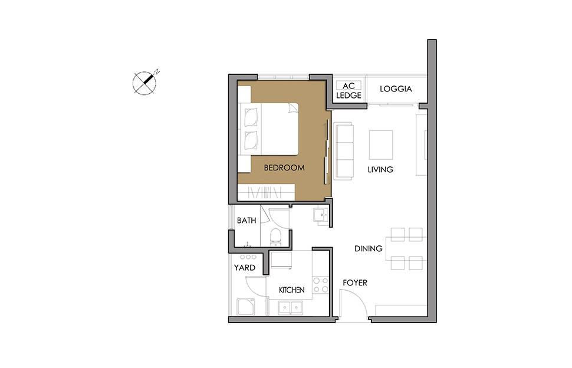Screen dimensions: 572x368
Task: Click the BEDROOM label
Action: coord(284,167)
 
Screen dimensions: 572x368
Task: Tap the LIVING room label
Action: coord(380,170)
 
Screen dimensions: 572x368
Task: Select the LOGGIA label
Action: coord(396,89)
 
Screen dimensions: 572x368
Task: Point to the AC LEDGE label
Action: coord(349,90)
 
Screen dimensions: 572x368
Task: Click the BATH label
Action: coord(246,221)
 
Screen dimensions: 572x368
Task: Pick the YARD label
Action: coord(244,268)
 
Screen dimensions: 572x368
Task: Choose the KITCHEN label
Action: coord(291,290)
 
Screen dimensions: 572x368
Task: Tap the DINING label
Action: coord(369,249)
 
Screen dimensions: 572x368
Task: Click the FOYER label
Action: coord(355,282)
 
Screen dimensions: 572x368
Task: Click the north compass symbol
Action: coord(145,83)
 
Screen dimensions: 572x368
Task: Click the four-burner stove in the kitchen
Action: coord(320,285)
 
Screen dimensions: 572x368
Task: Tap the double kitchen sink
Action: coord(291,308)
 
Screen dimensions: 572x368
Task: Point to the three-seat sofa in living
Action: coord(344,151)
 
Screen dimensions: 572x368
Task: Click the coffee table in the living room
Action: coord(381,145)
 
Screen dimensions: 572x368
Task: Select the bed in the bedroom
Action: coord(268,129)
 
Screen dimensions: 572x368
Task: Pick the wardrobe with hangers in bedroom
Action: coord(266,192)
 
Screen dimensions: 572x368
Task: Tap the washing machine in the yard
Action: coord(246,307)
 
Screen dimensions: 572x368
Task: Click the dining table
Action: coord(406,249)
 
